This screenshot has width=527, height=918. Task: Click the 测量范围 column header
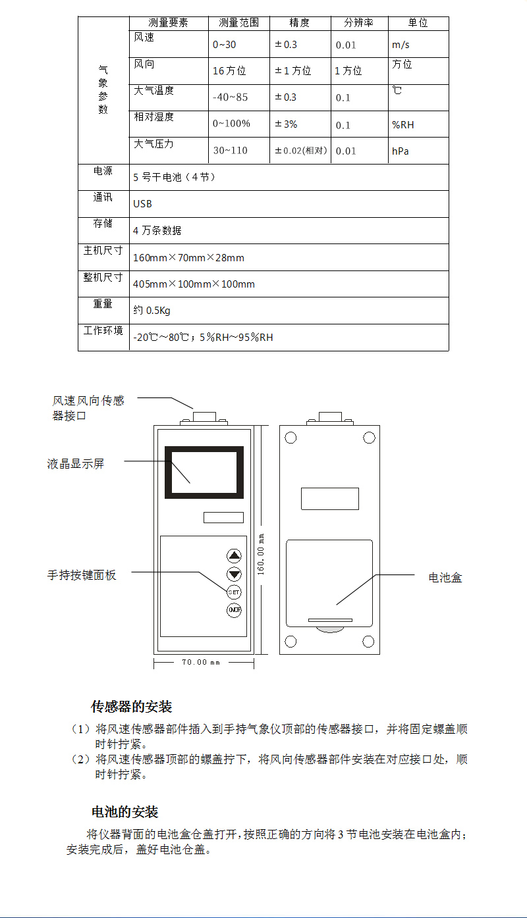pyautogui.click(x=238, y=22)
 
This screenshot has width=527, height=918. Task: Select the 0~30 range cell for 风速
pyautogui.click(x=225, y=45)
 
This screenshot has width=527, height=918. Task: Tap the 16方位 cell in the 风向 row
pyautogui.click(x=229, y=71)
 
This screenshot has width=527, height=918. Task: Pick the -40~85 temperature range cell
pyautogui.click(x=230, y=97)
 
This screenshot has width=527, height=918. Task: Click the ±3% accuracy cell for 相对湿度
pyautogui.click(x=286, y=124)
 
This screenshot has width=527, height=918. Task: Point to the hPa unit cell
pyautogui.click(x=401, y=151)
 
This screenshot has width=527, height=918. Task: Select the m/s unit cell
pyautogui.click(x=401, y=45)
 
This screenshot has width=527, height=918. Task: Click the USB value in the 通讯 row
pyautogui.click(x=142, y=204)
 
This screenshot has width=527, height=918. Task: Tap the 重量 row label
pyautogui.click(x=103, y=303)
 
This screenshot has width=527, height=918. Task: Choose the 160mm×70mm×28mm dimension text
pyautogui.click(x=188, y=258)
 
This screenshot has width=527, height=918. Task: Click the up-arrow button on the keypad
pyautogui.click(x=234, y=555)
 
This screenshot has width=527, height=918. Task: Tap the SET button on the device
pyautogui.click(x=234, y=592)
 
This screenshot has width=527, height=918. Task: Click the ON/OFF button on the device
pyautogui.click(x=234, y=610)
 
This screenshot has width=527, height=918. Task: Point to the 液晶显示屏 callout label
pyautogui.click(x=76, y=464)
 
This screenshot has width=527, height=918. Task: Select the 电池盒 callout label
pyautogui.click(x=445, y=578)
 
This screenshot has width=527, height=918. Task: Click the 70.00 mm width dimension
pyautogui.click(x=201, y=662)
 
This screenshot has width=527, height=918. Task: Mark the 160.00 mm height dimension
pyautogui.click(x=260, y=554)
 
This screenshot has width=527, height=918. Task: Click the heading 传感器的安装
pyautogui.click(x=131, y=707)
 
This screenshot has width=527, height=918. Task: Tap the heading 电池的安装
pyautogui.click(x=125, y=812)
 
